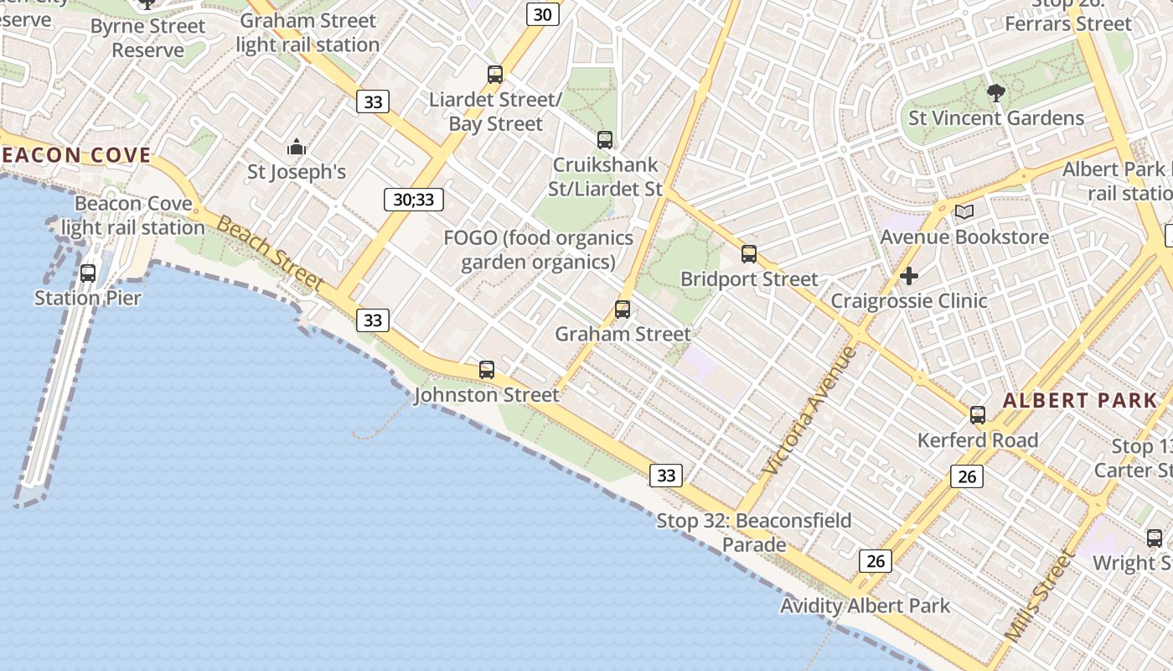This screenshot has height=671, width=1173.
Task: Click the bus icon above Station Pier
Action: pos(88,273)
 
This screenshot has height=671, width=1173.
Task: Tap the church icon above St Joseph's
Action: pos(297,148)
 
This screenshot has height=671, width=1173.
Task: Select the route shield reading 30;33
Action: pos(413,200)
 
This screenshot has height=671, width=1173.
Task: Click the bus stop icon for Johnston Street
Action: pos(487,369)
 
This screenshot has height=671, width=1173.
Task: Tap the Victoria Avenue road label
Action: pos(811,411)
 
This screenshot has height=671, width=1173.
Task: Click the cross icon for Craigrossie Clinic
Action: pos(909,275)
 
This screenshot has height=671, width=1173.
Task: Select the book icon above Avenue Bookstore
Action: pos(964,211)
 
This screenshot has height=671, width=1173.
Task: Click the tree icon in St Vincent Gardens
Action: pos(996,93)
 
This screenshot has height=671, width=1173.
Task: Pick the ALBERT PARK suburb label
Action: pos(1080,400)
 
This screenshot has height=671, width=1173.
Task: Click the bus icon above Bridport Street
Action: pos(749,253)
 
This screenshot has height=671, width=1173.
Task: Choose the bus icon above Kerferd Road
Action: pos(978,414)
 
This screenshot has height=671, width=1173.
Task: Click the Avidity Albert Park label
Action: pos(865,606)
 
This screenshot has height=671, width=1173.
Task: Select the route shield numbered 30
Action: pos(543,14)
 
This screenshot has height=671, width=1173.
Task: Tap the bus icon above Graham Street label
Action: pos(623,309)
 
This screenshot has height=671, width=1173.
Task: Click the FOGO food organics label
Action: pos(538,250)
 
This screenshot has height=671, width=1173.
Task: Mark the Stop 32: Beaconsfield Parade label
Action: pos(754,533)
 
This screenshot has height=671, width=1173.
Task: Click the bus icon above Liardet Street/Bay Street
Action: pos(495,74)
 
